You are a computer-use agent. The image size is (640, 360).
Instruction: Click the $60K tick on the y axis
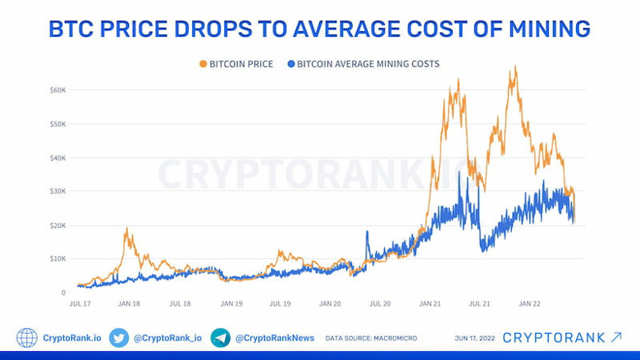coord(58,89)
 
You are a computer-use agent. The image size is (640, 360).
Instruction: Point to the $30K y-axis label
coord(58,191)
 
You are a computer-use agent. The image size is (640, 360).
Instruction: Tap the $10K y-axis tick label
coord(58,258)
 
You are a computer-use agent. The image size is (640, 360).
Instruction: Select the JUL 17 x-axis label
coord(79,303)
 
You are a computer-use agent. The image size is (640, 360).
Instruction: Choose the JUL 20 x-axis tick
coord(380,303)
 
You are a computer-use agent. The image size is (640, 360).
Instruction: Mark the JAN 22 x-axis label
coord(529,303)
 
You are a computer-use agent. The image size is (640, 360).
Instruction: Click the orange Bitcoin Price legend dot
coord(203,63)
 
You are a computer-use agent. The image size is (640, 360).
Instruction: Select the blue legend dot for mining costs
coord(291,63)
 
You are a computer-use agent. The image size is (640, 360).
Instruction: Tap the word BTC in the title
coord(71,29)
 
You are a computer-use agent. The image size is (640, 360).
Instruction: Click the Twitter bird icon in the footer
coord(119,338)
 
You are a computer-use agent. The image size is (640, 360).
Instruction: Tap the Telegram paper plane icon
coord(220,338)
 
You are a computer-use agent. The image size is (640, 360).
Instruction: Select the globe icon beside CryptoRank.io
coord(27,338)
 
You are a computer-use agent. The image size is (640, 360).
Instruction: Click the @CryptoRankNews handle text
coord(273,338)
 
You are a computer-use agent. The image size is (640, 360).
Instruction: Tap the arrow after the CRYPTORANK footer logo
coord(616,337)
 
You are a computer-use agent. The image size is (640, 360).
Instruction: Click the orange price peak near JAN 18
coord(127,228)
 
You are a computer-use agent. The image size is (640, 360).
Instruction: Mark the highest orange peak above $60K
coord(514,66)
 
